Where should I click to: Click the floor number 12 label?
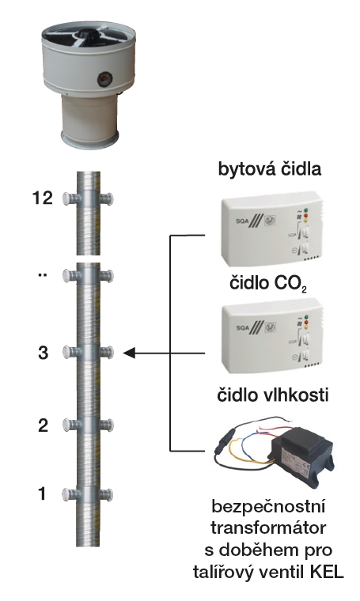coord(43,198)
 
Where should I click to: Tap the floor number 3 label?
coord(44,353)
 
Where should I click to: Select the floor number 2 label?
coord(44,425)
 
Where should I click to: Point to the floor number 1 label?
coord(43,493)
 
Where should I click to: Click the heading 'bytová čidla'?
coord(270,169)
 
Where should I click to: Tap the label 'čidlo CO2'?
coord(268,284)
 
